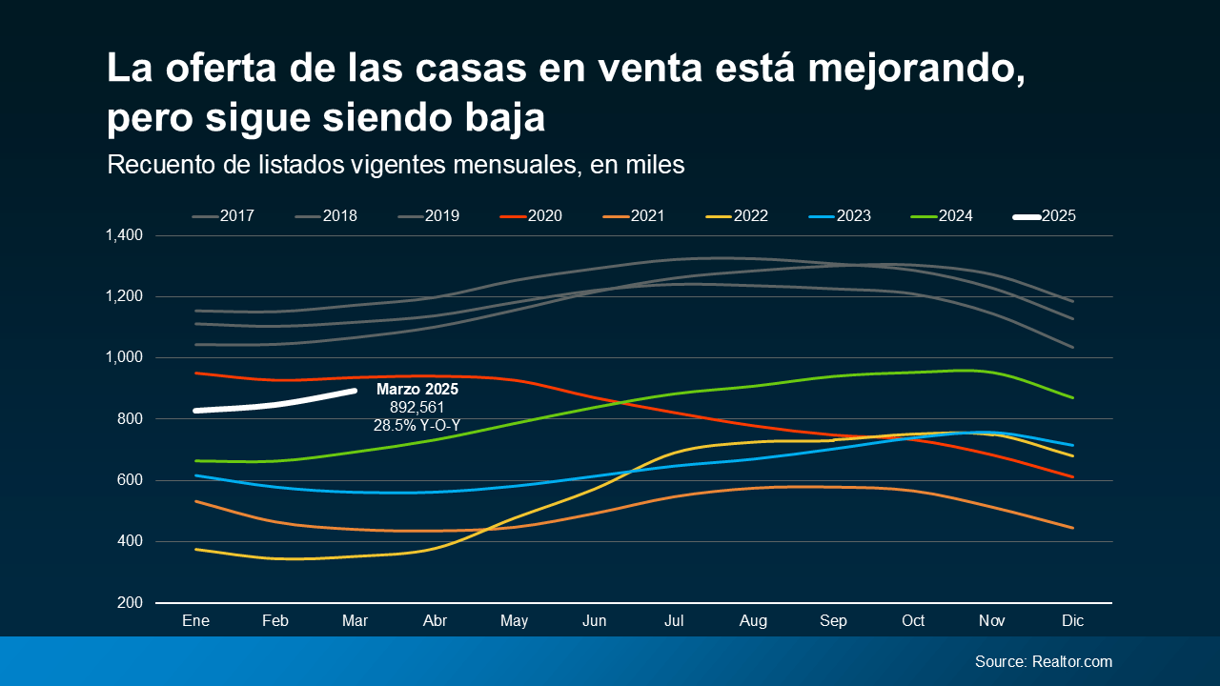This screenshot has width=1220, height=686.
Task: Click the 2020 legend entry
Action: click(531, 216)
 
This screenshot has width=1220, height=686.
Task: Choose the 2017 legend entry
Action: click(224, 216)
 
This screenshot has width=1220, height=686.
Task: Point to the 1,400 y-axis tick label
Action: click(123, 235)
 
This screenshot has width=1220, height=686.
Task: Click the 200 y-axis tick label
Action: click(130, 603)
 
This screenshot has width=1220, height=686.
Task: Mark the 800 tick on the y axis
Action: click(130, 419)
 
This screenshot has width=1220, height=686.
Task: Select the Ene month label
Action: click(195, 621)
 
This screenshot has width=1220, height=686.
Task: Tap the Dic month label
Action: click(1073, 621)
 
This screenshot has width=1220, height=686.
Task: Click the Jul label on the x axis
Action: click(674, 621)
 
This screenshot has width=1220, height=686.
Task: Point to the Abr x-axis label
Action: click(435, 621)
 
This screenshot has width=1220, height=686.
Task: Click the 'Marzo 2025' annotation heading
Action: click(417, 390)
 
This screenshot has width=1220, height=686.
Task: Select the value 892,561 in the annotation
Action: click(417, 408)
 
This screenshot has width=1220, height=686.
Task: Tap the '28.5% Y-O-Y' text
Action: click(417, 425)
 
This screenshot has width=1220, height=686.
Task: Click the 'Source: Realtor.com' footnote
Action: click(1043, 661)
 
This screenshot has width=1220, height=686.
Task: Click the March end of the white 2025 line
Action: click(355, 391)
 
